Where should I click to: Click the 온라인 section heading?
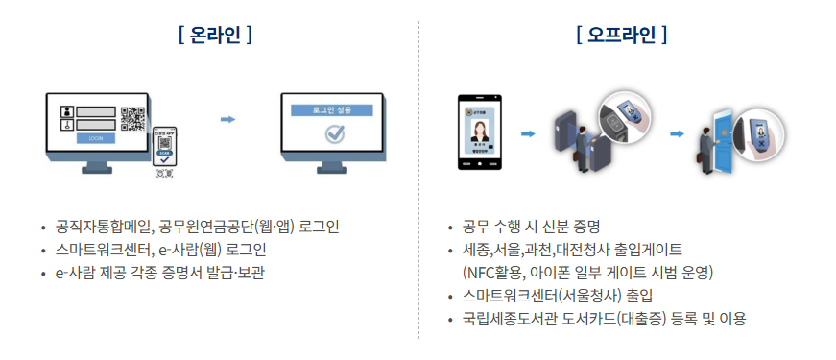point(215,36)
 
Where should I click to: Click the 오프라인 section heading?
point(622,36)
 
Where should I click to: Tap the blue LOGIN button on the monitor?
point(96,138)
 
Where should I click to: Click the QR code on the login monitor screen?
point(132,118)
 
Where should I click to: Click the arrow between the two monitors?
point(227,120)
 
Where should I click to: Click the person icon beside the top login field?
point(66,109)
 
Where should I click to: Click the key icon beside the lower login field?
point(66,124)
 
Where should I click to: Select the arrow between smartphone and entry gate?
point(527,133)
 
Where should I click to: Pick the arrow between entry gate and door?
point(676,133)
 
